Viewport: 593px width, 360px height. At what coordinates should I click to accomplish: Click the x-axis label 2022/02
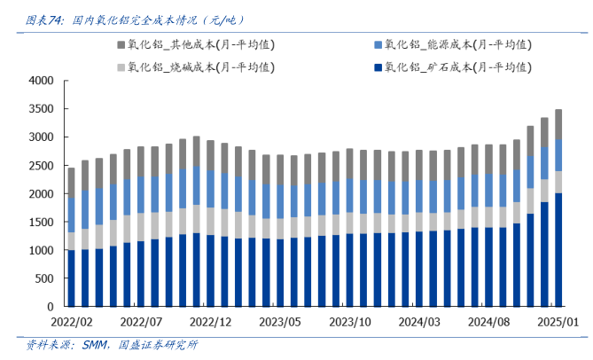[x=73, y=321]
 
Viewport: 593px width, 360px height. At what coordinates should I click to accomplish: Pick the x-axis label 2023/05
[x=281, y=321]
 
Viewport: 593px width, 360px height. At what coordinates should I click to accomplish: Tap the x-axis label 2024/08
[x=489, y=321]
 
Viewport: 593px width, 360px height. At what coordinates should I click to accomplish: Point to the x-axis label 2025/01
[x=558, y=321]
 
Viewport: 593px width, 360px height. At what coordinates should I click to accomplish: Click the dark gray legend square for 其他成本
[x=121, y=43]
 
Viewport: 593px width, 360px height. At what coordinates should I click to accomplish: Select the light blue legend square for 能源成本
[x=378, y=43]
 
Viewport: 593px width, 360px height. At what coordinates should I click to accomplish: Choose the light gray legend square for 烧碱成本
[x=121, y=67]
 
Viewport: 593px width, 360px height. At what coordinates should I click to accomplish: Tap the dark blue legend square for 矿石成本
[x=378, y=67]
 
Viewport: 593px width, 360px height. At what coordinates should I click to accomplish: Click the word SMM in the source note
[x=86, y=346]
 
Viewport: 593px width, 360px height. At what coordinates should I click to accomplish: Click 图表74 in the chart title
[x=43, y=19]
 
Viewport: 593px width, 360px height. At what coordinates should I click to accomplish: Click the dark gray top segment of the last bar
[x=558, y=123]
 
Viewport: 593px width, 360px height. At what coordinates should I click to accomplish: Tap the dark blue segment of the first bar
[x=72, y=278]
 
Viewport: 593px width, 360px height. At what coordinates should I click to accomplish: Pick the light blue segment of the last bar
[x=558, y=154]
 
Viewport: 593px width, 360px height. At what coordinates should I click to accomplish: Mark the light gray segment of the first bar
[x=72, y=241]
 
